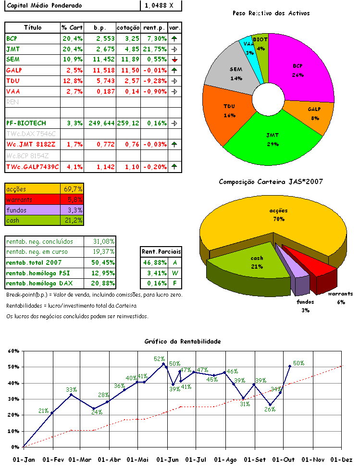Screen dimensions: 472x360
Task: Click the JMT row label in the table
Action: pos(11,49)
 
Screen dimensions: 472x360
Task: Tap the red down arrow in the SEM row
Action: pos(174,60)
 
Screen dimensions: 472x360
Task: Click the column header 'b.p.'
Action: pos(99,27)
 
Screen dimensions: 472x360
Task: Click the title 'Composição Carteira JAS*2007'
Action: pos(271,182)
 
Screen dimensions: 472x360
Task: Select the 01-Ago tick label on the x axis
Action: pos(226,460)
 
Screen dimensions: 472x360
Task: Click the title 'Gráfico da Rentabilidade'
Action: pos(183,341)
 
